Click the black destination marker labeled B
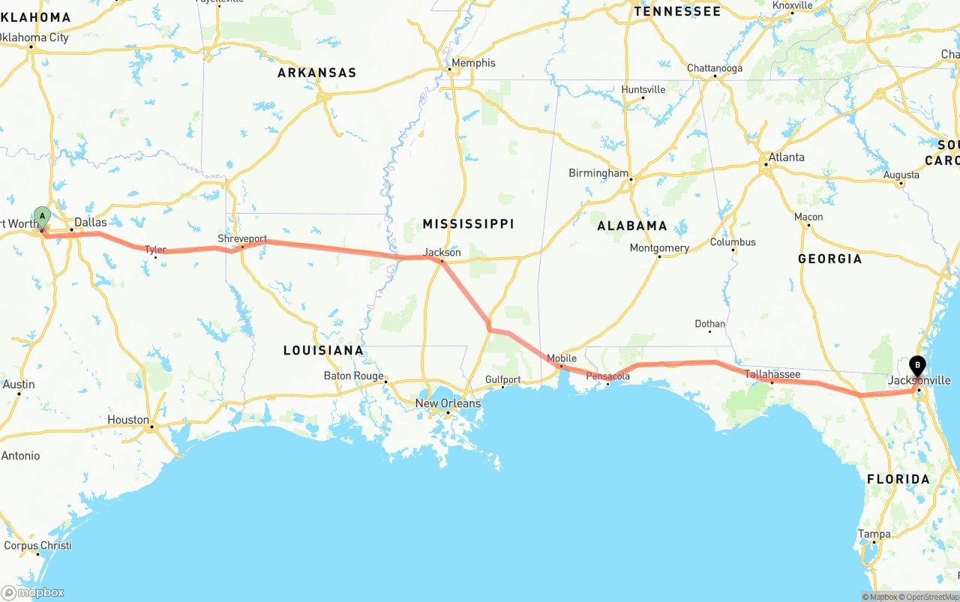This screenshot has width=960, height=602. [x=917, y=366]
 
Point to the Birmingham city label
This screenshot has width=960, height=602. [x=598, y=173]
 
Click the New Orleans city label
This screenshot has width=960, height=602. [x=448, y=403]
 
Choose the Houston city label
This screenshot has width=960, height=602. [x=127, y=420]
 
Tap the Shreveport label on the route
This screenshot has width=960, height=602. [x=242, y=238]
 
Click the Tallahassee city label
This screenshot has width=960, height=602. [x=772, y=374]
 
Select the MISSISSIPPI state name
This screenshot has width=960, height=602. [x=468, y=224]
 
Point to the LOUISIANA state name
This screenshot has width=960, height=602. [x=323, y=350]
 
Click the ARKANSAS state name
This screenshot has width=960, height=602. [x=316, y=73]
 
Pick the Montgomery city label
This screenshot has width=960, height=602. [x=659, y=248]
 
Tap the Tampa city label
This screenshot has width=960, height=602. [x=874, y=535]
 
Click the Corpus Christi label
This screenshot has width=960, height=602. [x=37, y=546]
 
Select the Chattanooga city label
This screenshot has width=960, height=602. [x=714, y=68]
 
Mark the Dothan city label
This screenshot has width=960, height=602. [x=709, y=324]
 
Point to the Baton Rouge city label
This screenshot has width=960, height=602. [x=353, y=376]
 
